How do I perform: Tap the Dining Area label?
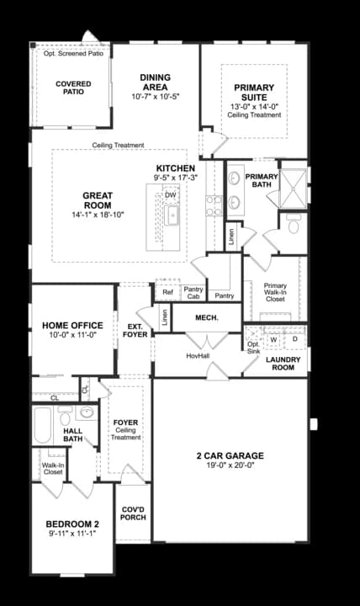156,82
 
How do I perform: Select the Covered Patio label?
73,88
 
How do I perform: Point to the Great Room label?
98,200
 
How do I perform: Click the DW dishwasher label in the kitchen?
171,195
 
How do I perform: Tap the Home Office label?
72,326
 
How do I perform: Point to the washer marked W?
273,340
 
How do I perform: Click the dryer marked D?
294,340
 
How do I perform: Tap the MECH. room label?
207,317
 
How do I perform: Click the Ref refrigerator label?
167,292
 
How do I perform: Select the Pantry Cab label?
193,292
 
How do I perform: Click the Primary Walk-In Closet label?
275,292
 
